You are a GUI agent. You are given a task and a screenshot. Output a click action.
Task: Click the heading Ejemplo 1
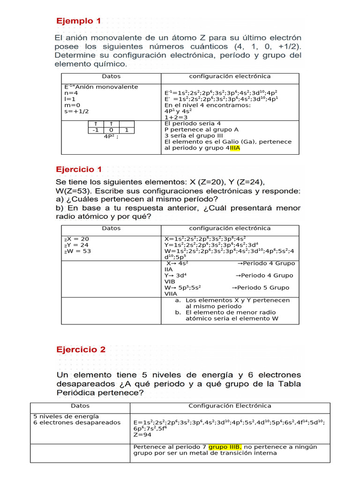point(78,21)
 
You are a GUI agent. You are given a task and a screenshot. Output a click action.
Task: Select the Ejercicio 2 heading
point(81,349)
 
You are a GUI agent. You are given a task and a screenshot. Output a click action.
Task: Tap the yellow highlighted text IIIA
point(235,148)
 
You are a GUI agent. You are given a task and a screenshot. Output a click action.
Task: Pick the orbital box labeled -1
point(96,130)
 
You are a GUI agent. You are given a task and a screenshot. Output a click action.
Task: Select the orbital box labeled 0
point(111,130)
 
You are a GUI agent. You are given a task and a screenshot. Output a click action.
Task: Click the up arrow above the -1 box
point(96,124)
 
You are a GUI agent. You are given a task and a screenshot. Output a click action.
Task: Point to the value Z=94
point(142,435)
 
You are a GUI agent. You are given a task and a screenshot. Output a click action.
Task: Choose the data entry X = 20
point(76,239)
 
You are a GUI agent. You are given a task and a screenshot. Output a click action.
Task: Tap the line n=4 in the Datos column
point(71,93)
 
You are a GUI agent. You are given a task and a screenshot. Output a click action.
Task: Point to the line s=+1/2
point(76,111)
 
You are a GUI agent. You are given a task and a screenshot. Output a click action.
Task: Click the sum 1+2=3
point(176,117)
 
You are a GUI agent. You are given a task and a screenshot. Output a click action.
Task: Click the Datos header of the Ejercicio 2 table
point(80,406)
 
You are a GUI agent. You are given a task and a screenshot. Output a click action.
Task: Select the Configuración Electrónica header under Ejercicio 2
point(230,406)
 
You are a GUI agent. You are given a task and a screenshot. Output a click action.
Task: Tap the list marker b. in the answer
point(178,312)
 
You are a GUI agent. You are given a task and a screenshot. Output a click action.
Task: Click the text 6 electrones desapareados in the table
point(77,422)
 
